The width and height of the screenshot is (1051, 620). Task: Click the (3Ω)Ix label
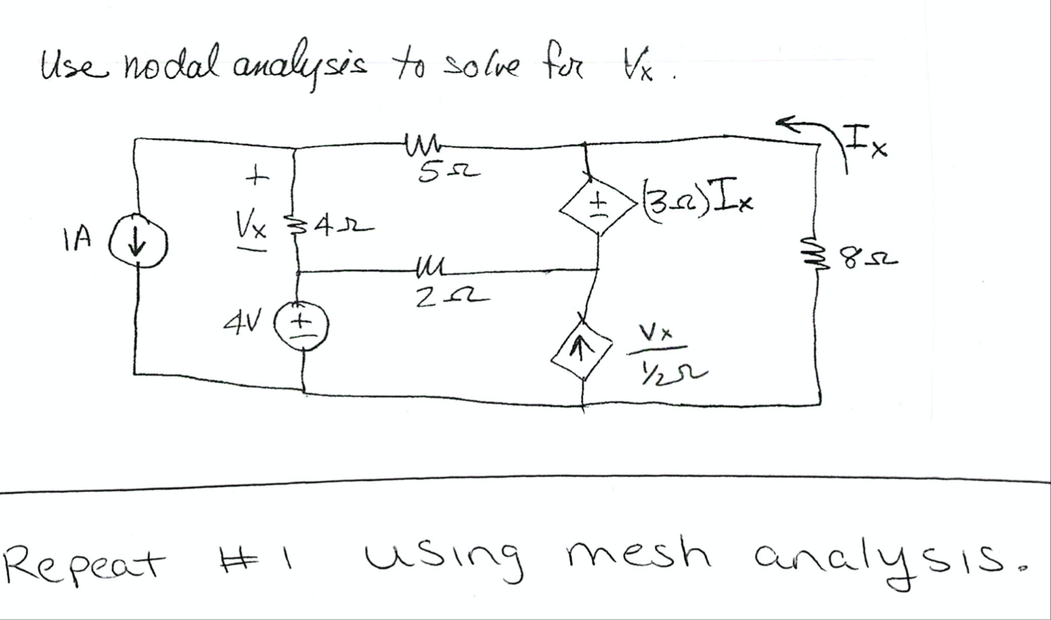[x=696, y=198]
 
